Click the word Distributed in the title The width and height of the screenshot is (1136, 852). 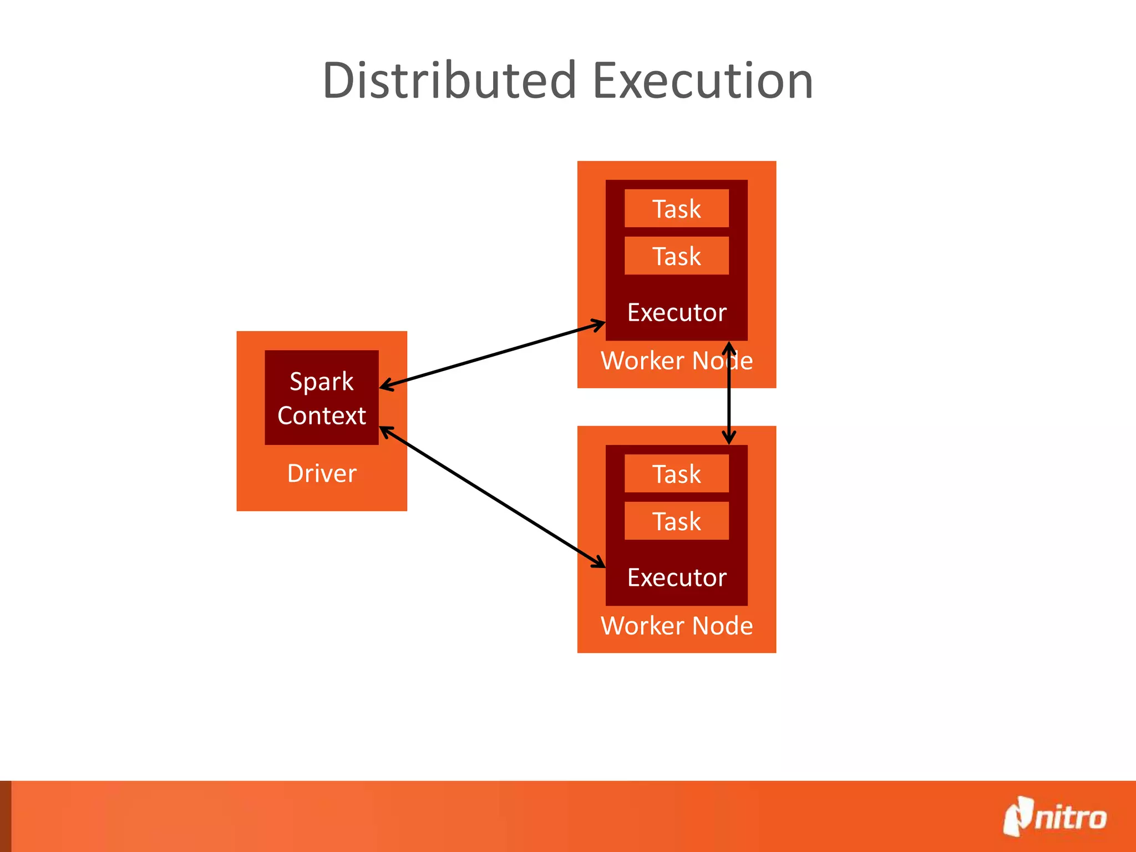pyautogui.click(x=450, y=81)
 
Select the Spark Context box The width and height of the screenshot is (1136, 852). pyautogui.click(x=322, y=397)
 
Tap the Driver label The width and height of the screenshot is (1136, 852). pyautogui.click(x=322, y=474)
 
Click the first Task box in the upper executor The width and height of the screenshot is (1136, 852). pyautogui.click(x=676, y=209)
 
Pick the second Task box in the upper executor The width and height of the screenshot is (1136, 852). pyautogui.click(x=676, y=256)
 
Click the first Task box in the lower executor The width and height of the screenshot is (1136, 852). pyautogui.click(x=676, y=474)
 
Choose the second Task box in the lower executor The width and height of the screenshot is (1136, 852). pyautogui.click(x=676, y=521)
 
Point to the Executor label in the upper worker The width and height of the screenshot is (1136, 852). pyautogui.click(x=677, y=313)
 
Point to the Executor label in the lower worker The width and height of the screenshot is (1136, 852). pyautogui.click(x=677, y=578)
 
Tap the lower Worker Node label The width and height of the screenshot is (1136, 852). pyautogui.click(x=677, y=626)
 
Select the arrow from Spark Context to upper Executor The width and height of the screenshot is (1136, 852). pyautogui.click(x=492, y=354)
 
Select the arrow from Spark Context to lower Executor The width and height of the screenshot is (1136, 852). pyautogui.click(x=492, y=497)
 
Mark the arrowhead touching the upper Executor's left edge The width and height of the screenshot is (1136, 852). pyautogui.click(x=599, y=324)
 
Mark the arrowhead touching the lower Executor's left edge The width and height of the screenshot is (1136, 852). pyautogui.click(x=599, y=562)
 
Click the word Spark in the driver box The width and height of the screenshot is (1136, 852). pyautogui.click(x=322, y=382)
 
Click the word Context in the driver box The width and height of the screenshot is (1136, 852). pyautogui.click(x=322, y=415)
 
